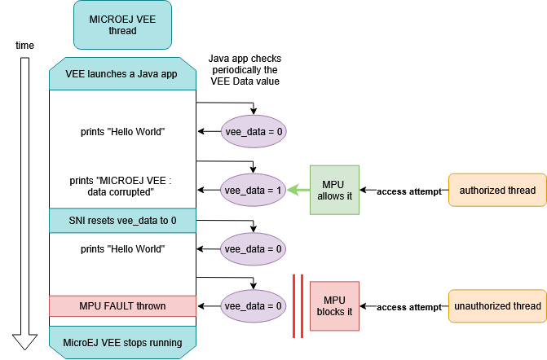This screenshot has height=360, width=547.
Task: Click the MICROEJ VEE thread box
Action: click(x=122, y=24)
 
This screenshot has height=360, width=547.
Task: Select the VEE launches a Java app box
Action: click(x=122, y=74)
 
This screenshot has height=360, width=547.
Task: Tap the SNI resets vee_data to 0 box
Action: click(x=122, y=220)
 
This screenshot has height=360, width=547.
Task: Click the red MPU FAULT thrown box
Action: click(x=122, y=306)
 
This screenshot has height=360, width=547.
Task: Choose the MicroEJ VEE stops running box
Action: click(x=122, y=342)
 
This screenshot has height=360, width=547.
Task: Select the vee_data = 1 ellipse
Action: click(x=253, y=191)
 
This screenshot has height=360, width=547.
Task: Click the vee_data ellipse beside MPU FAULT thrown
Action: click(x=253, y=306)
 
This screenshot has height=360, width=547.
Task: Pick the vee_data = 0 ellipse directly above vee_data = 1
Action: click(x=253, y=131)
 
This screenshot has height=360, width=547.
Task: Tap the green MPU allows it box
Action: click(x=334, y=191)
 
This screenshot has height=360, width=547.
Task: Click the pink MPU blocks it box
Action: click(x=334, y=306)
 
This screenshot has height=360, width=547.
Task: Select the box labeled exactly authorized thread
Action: click(x=497, y=191)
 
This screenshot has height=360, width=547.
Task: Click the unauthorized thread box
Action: click(x=497, y=306)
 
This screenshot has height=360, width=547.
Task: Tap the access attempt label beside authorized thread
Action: click(x=408, y=191)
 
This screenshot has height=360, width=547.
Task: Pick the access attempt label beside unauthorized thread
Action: click(x=408, y=307)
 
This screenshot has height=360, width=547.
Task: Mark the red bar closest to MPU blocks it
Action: click(x=302, y=306)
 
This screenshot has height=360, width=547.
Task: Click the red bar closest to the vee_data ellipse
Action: click(x=294, y=306)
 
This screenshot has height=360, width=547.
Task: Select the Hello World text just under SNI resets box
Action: click(x=122, y=248)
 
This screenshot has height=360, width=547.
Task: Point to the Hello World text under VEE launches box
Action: click(x=122, y=131)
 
